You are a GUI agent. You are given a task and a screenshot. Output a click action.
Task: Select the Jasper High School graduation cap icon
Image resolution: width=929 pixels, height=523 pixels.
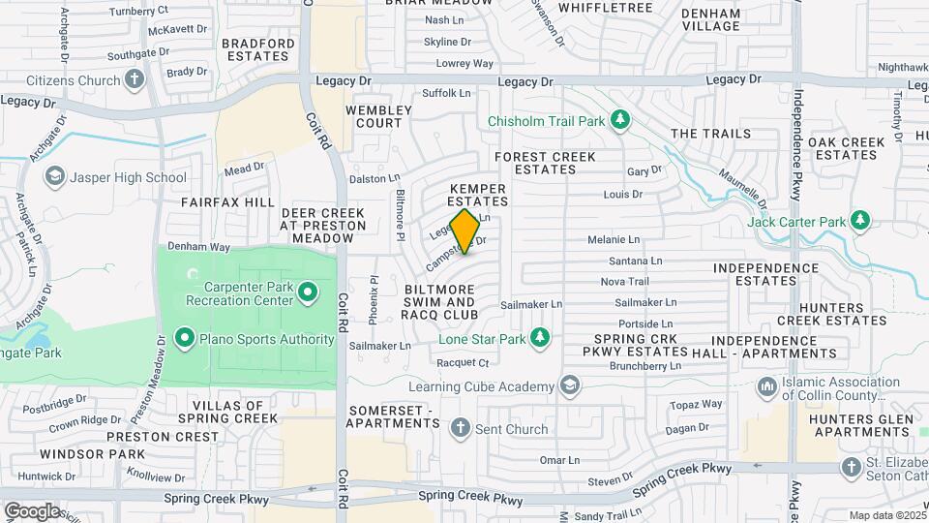tap(54, 177)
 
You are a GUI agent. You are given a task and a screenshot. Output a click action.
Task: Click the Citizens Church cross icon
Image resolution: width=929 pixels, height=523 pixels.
tap(135, 80)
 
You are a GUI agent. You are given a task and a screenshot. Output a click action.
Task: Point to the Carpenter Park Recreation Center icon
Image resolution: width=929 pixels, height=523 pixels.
tap(308, 291)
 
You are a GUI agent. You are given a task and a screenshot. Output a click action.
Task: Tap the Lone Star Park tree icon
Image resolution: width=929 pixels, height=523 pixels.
tap(540, 339)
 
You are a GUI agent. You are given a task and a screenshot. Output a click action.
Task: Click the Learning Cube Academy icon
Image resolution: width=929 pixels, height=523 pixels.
tap(570, 386)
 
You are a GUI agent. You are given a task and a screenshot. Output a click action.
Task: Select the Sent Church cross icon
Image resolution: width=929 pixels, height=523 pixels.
tap(460, 428)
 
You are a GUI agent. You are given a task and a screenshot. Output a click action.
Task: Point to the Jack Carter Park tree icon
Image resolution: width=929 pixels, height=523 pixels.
tap(859, 221)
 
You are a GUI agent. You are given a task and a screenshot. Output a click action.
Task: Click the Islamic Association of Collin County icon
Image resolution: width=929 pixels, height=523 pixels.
tap(766, 387)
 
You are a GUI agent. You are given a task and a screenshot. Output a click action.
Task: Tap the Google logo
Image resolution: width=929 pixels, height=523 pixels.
tap(32, 510)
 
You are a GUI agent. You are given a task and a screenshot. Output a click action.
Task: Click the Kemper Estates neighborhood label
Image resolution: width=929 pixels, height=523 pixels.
tap(477, 194)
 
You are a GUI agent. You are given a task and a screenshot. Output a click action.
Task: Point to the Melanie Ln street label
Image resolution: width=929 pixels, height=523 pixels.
tap(614, 239)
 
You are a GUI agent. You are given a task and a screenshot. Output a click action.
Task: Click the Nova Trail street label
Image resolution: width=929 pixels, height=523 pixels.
tap(624, 281)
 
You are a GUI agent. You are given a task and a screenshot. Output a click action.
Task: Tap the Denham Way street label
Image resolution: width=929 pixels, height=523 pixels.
tap(198, 247)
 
